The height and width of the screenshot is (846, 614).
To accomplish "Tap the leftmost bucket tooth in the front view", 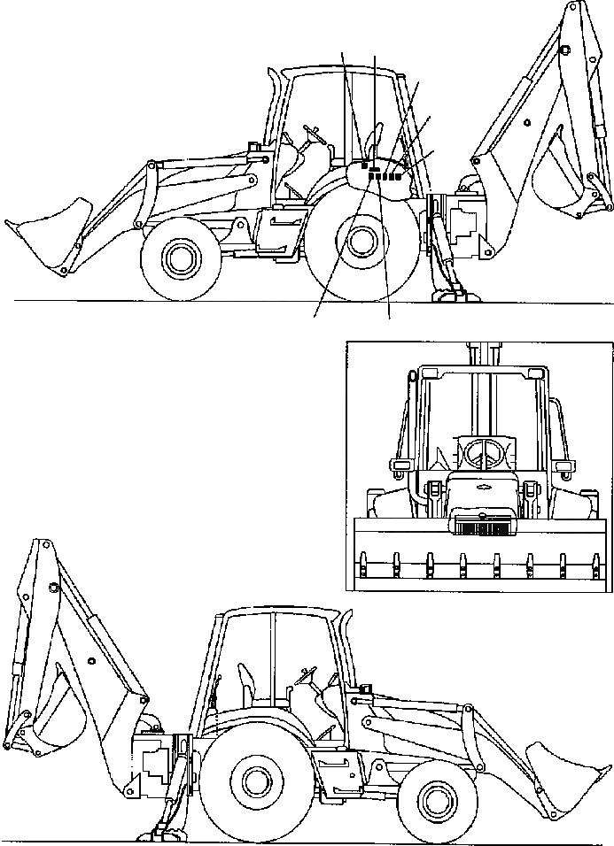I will coord(364,561).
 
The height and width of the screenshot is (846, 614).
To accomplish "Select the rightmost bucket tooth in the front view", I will coord(595,561).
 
